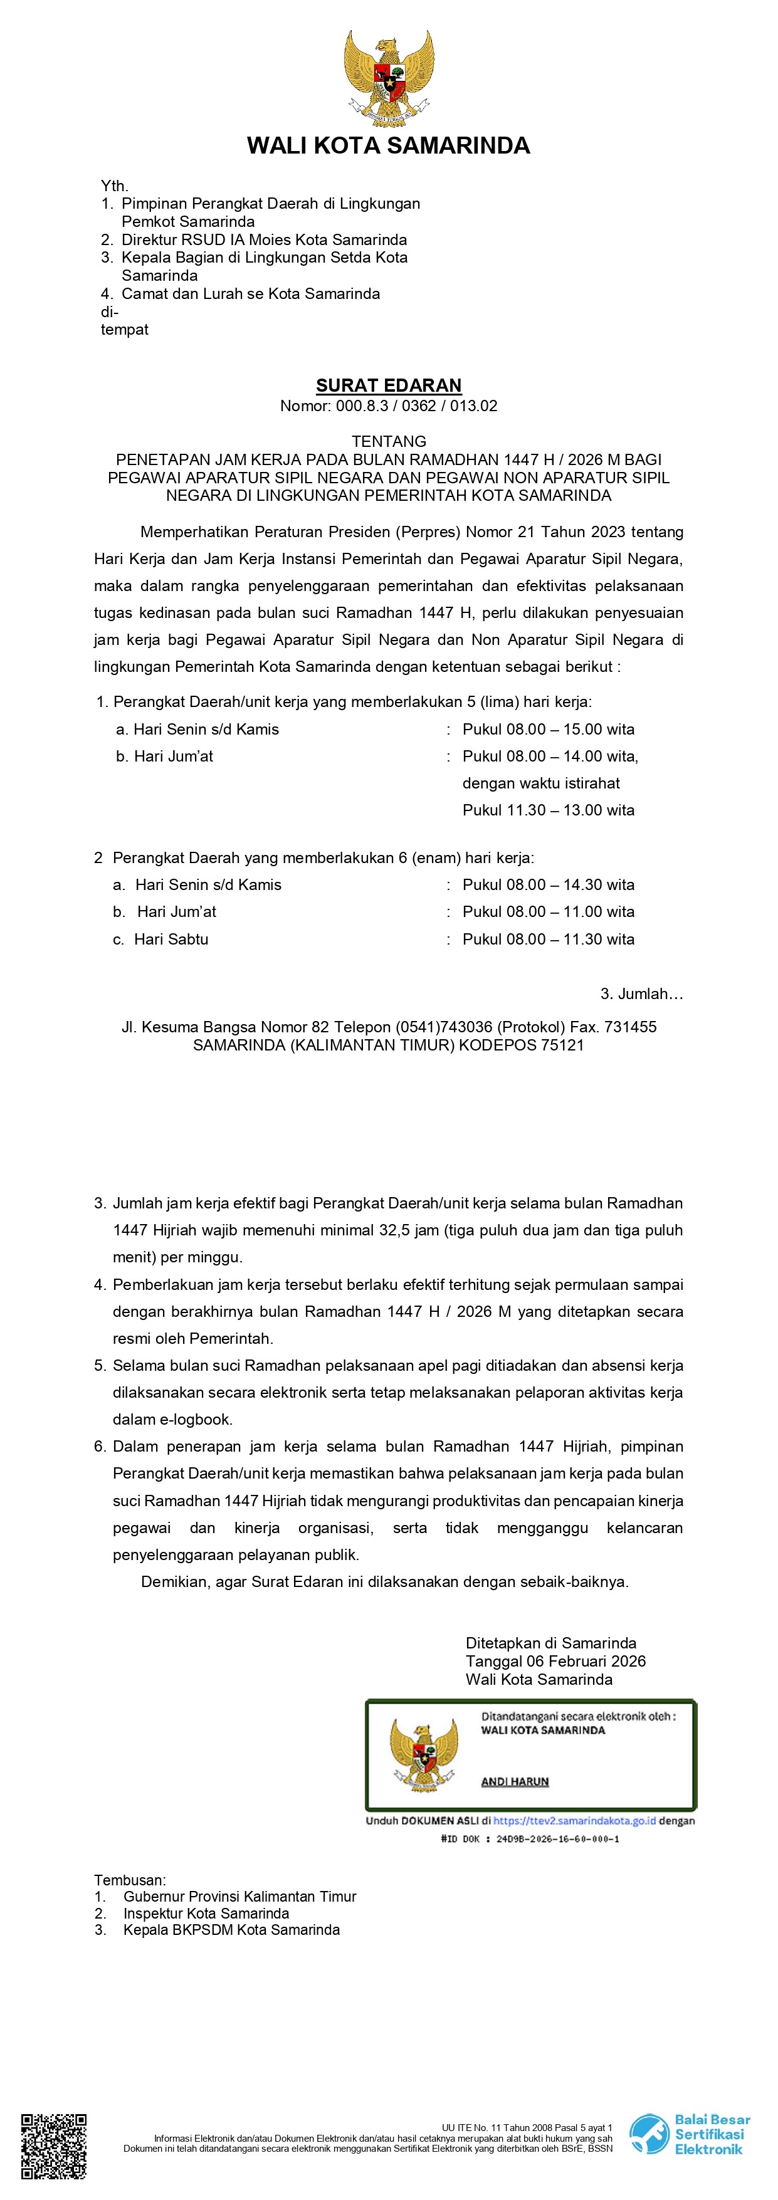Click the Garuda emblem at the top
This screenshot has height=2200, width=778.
[389, 78]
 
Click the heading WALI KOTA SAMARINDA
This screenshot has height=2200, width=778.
[389, 146]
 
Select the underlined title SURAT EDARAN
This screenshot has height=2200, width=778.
[389, 385]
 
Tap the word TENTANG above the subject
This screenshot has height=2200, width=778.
[389, 441]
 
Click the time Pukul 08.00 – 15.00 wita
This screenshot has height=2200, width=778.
[549, 730]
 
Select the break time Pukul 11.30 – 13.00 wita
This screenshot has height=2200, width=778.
[549, 810]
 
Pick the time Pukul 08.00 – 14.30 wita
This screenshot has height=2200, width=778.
[549, 885]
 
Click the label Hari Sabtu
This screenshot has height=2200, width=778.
[171, 940]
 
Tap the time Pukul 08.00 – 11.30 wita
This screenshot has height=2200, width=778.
[549, 940]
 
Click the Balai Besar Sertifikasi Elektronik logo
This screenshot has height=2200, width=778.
[690, 2134]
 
